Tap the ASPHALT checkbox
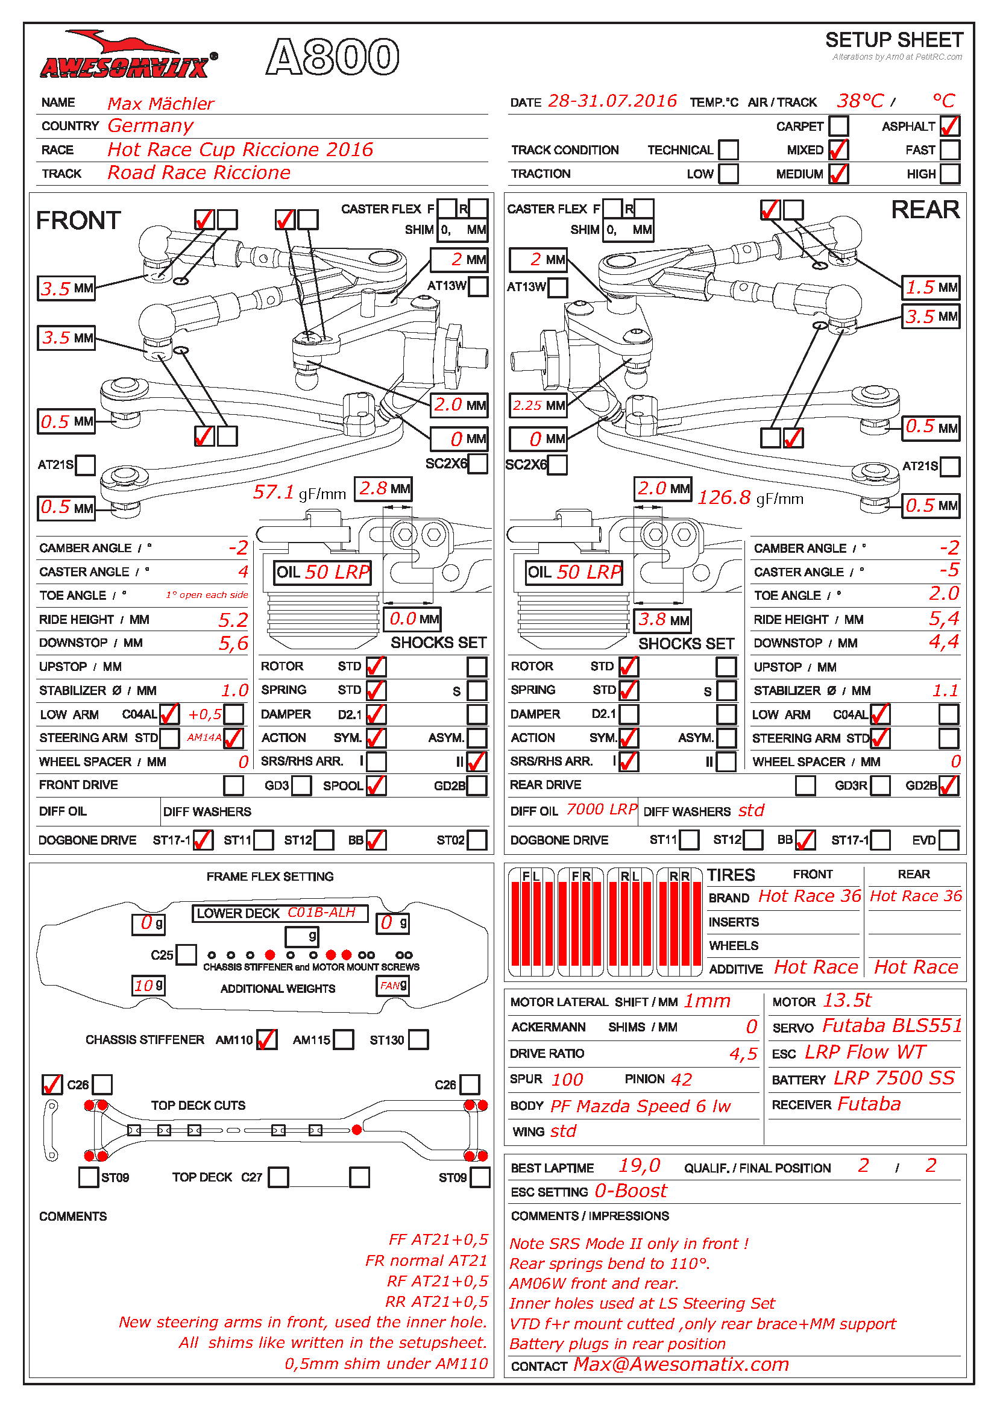[x=949, y=126]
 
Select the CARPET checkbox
[x=838, y=126]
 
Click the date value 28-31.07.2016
[x=612, y=101]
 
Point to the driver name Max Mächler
[x=161, y=103]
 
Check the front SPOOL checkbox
[x=376, y=785]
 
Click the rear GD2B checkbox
[x=949, y=785]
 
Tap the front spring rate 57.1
[x=273, y=492]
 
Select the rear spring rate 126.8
[x=724, y=497]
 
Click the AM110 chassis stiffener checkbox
[x=266, y=1040]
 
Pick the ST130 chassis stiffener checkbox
[x=418, y=1040]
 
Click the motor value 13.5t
[x=846, y=1001]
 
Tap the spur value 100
[x=567, y=1080]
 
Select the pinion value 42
[x=681, y=1080]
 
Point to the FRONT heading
[x=78, y=221]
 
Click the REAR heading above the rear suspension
[x=925, y=210]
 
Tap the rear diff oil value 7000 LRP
[x=602, y=810]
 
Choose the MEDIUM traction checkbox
[x=838, y=174]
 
